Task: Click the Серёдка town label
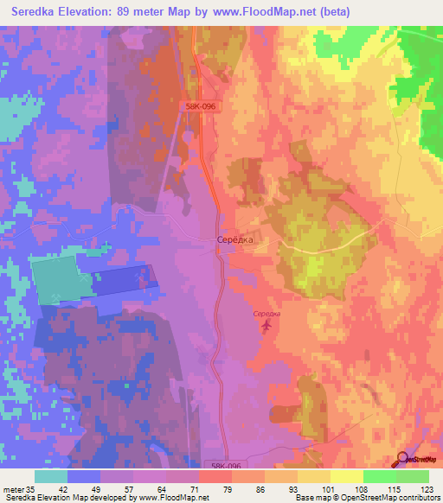click(234, 240)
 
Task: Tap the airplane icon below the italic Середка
click(266, 326)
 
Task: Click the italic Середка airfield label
click(266, 314)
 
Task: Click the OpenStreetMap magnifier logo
click(403, 459)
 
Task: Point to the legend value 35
click(35, 488)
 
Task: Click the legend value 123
click(426, 488)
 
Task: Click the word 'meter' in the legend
click(15, 488)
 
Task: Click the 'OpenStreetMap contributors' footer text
click(387, 498)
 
